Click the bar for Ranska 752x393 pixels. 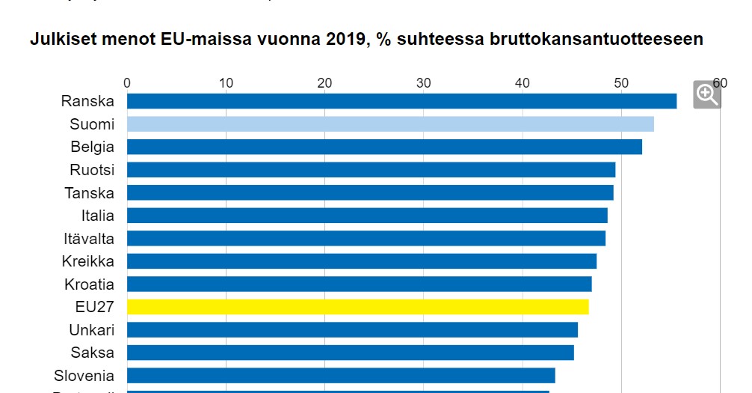pos(401,101)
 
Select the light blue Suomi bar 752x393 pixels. pos(390,124)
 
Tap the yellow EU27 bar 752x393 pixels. pos(357,307)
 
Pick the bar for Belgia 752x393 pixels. pos(384,147)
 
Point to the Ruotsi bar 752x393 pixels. pos(371,170)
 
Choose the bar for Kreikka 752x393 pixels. pos(362,261)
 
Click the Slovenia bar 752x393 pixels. pos(341,376)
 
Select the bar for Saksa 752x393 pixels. pos(351,353)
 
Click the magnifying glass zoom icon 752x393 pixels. pos(706,94)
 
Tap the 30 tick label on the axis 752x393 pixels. pos(423,83)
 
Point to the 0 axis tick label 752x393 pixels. pos(127,83)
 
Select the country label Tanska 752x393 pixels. pos(90,193)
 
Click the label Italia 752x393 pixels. pos(98,216)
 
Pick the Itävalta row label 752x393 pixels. pos(89,239)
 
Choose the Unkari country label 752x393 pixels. pos(91,330)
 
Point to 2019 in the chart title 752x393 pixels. pos(348,40)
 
